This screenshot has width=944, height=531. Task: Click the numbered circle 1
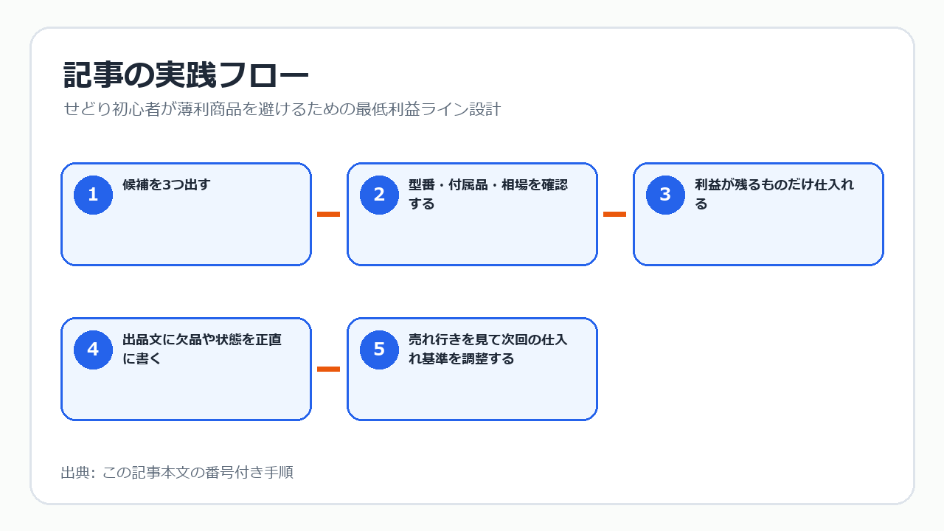93,195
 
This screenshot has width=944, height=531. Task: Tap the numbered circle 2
379,195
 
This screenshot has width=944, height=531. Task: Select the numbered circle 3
665,195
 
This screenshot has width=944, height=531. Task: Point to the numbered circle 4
93,350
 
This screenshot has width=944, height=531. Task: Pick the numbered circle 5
379,350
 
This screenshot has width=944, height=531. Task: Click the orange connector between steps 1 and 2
329,214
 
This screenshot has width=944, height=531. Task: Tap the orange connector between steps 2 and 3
615,214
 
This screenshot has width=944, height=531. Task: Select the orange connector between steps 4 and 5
329,369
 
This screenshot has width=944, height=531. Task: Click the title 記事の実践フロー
186,75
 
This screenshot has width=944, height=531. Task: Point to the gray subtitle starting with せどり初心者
282,108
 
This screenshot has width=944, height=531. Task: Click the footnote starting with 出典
177,473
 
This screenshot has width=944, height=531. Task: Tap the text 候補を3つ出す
167,184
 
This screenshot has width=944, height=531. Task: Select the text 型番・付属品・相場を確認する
488,194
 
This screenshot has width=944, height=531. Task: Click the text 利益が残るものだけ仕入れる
774,194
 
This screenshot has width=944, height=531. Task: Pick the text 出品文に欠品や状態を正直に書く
202,349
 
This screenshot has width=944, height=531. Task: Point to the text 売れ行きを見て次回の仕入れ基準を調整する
488,349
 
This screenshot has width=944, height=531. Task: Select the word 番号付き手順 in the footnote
249,473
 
